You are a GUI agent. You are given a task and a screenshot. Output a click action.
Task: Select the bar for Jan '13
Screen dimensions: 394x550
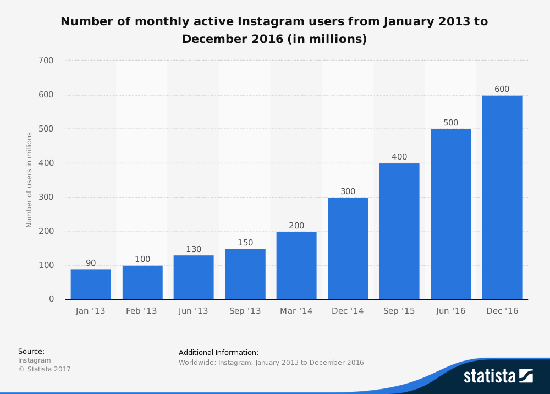click(91, 284)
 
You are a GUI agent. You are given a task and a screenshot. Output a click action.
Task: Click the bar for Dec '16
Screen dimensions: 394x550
click(502, 198)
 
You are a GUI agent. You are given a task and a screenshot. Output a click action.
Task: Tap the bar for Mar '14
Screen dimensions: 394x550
click(296, 265)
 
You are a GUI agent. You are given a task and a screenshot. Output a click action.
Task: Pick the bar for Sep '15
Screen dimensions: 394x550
click(399, 231)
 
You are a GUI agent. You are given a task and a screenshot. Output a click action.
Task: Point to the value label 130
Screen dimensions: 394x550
click(194, 249)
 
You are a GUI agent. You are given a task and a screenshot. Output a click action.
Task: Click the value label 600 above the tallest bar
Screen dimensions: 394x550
click(502, 89)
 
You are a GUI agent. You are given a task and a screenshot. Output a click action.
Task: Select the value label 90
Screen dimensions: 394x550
click(91, 263)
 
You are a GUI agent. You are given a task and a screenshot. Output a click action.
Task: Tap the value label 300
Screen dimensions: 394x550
click(348, 191)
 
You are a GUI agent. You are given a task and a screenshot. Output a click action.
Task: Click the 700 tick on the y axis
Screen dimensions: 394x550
click(46, 61)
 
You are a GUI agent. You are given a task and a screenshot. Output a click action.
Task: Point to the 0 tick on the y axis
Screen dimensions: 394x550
click(52, 299)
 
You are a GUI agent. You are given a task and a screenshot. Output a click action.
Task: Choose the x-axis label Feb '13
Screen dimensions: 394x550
click(142, 311)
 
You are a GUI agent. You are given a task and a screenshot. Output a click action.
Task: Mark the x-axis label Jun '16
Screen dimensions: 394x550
click(451, 311)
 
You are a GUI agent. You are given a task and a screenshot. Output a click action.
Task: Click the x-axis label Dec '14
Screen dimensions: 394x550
click(348, 311)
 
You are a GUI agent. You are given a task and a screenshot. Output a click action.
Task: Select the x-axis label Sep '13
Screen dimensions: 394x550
click(245, 311)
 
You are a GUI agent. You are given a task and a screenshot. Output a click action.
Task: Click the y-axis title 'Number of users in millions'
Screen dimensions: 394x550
click(29, 180)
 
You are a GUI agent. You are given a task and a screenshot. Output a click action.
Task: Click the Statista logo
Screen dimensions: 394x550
click(498, 376)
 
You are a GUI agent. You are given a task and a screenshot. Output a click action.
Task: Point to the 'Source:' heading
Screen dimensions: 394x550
click(31, 351)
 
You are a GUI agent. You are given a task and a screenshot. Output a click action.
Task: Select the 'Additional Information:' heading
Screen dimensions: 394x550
click(218, 352)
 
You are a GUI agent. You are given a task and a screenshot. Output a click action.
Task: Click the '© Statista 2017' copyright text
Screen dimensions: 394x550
click(45, 369)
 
